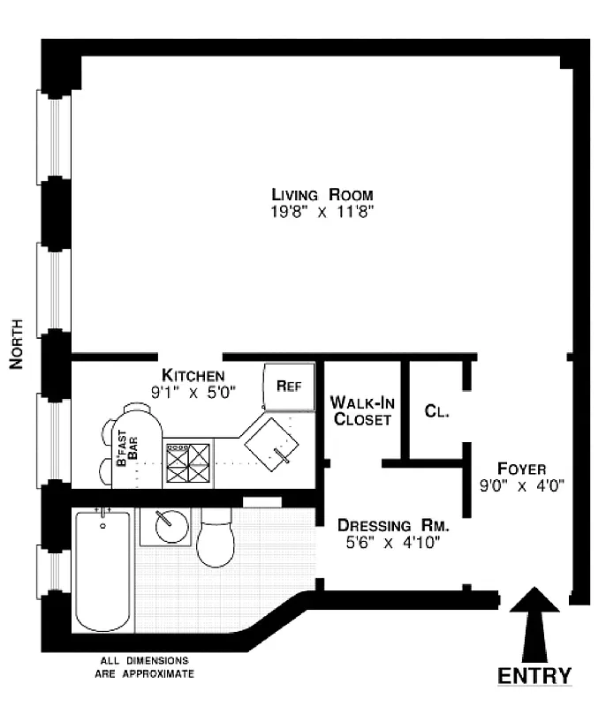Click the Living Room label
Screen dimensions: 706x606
(x=322, y=195)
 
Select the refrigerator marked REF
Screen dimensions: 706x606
(x=289, y=386)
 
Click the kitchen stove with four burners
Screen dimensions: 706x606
(x=189, y=462)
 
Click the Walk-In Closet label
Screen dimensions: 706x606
(x=360, y=410)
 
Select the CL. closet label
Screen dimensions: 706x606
(x=435, y=410)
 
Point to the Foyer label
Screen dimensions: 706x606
(x=521, y=468)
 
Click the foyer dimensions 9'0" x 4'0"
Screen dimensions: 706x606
(x=521, y=484)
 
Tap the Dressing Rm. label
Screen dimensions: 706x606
(x=390, y=526)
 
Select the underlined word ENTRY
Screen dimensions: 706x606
(x=534, y=676)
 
